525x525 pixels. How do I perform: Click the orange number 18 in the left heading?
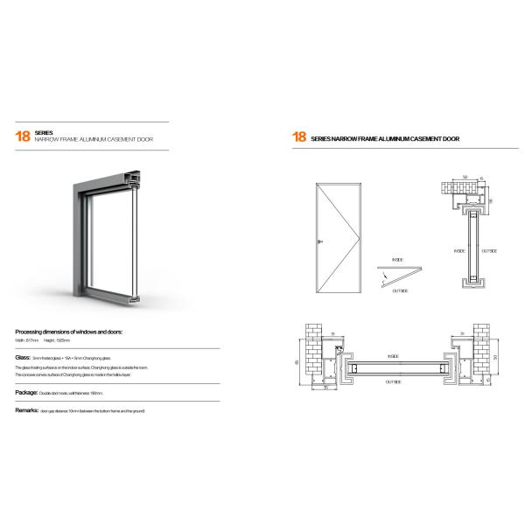22,136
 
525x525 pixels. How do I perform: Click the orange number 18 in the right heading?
298,137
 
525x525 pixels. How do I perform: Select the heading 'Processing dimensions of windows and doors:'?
69,333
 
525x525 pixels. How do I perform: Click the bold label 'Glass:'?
23,359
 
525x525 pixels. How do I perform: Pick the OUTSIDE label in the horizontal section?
393,382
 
